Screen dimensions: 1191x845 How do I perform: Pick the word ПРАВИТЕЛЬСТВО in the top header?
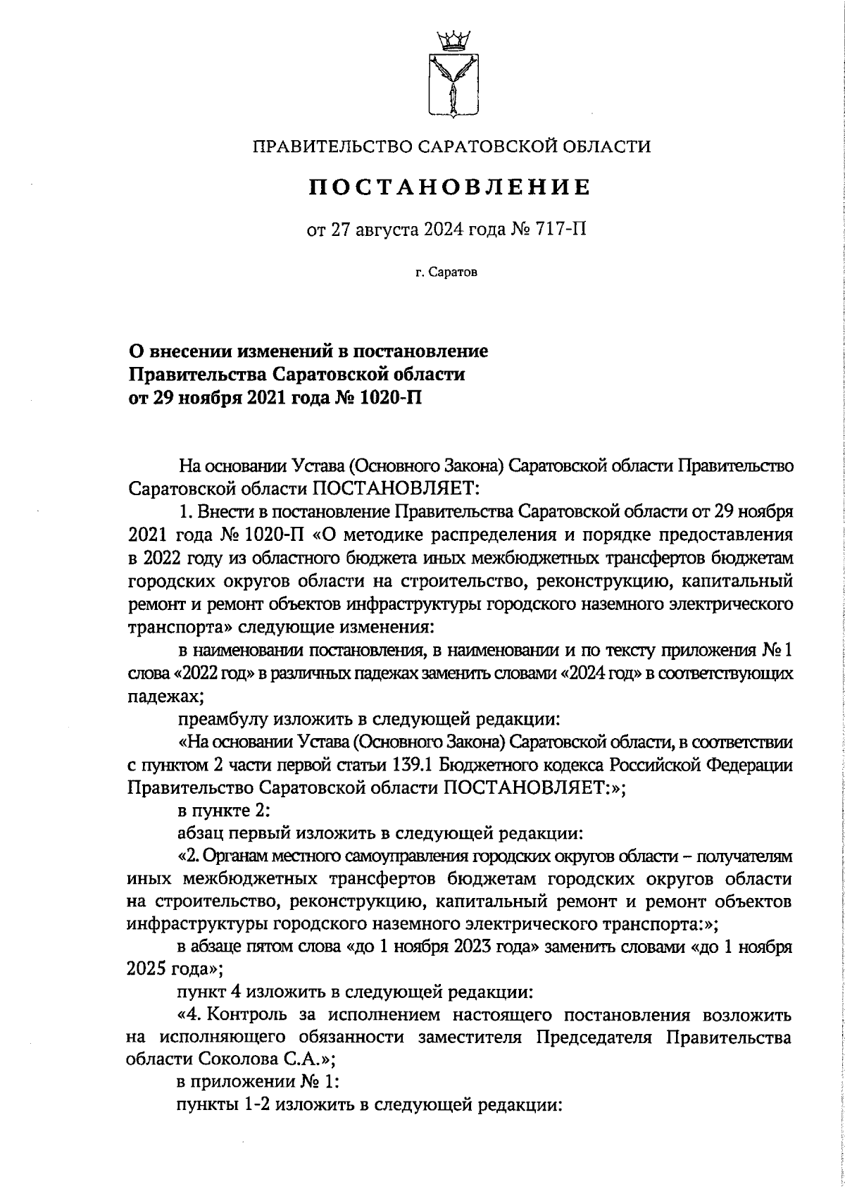point(332,146)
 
